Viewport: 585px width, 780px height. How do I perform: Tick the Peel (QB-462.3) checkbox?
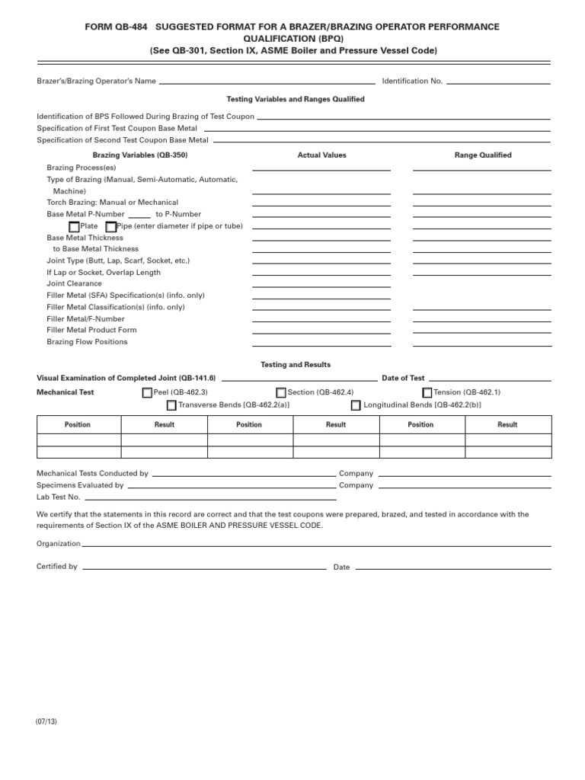[x=147, y=393]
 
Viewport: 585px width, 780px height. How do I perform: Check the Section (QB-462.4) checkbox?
[x=281, y=393]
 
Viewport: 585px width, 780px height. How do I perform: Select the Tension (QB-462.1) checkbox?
[x=427, y=393]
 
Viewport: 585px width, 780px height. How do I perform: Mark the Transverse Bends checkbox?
[x=171, y=405]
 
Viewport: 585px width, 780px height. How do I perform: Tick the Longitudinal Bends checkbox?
[x=356, y=405]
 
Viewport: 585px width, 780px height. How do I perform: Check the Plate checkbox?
[x=74, y=227]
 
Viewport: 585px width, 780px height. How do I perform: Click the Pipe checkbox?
[x=111, y=227]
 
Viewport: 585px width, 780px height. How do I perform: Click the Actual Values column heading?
[x=321, y=155]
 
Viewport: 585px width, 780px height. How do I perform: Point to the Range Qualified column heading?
[x=483, y=155]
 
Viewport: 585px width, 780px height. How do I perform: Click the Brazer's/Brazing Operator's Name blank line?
[x=267, y=82]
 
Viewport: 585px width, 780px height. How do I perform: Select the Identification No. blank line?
[x=498, y=82]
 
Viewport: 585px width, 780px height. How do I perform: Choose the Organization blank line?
[x=316, y=545]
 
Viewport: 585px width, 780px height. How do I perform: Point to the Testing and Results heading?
[x=296, y=365]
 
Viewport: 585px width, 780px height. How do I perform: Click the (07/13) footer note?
[x=46, y=722]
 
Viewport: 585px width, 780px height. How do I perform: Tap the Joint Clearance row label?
[x=74, y=283]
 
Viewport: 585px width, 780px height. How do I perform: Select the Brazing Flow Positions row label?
[x=87, y=342]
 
